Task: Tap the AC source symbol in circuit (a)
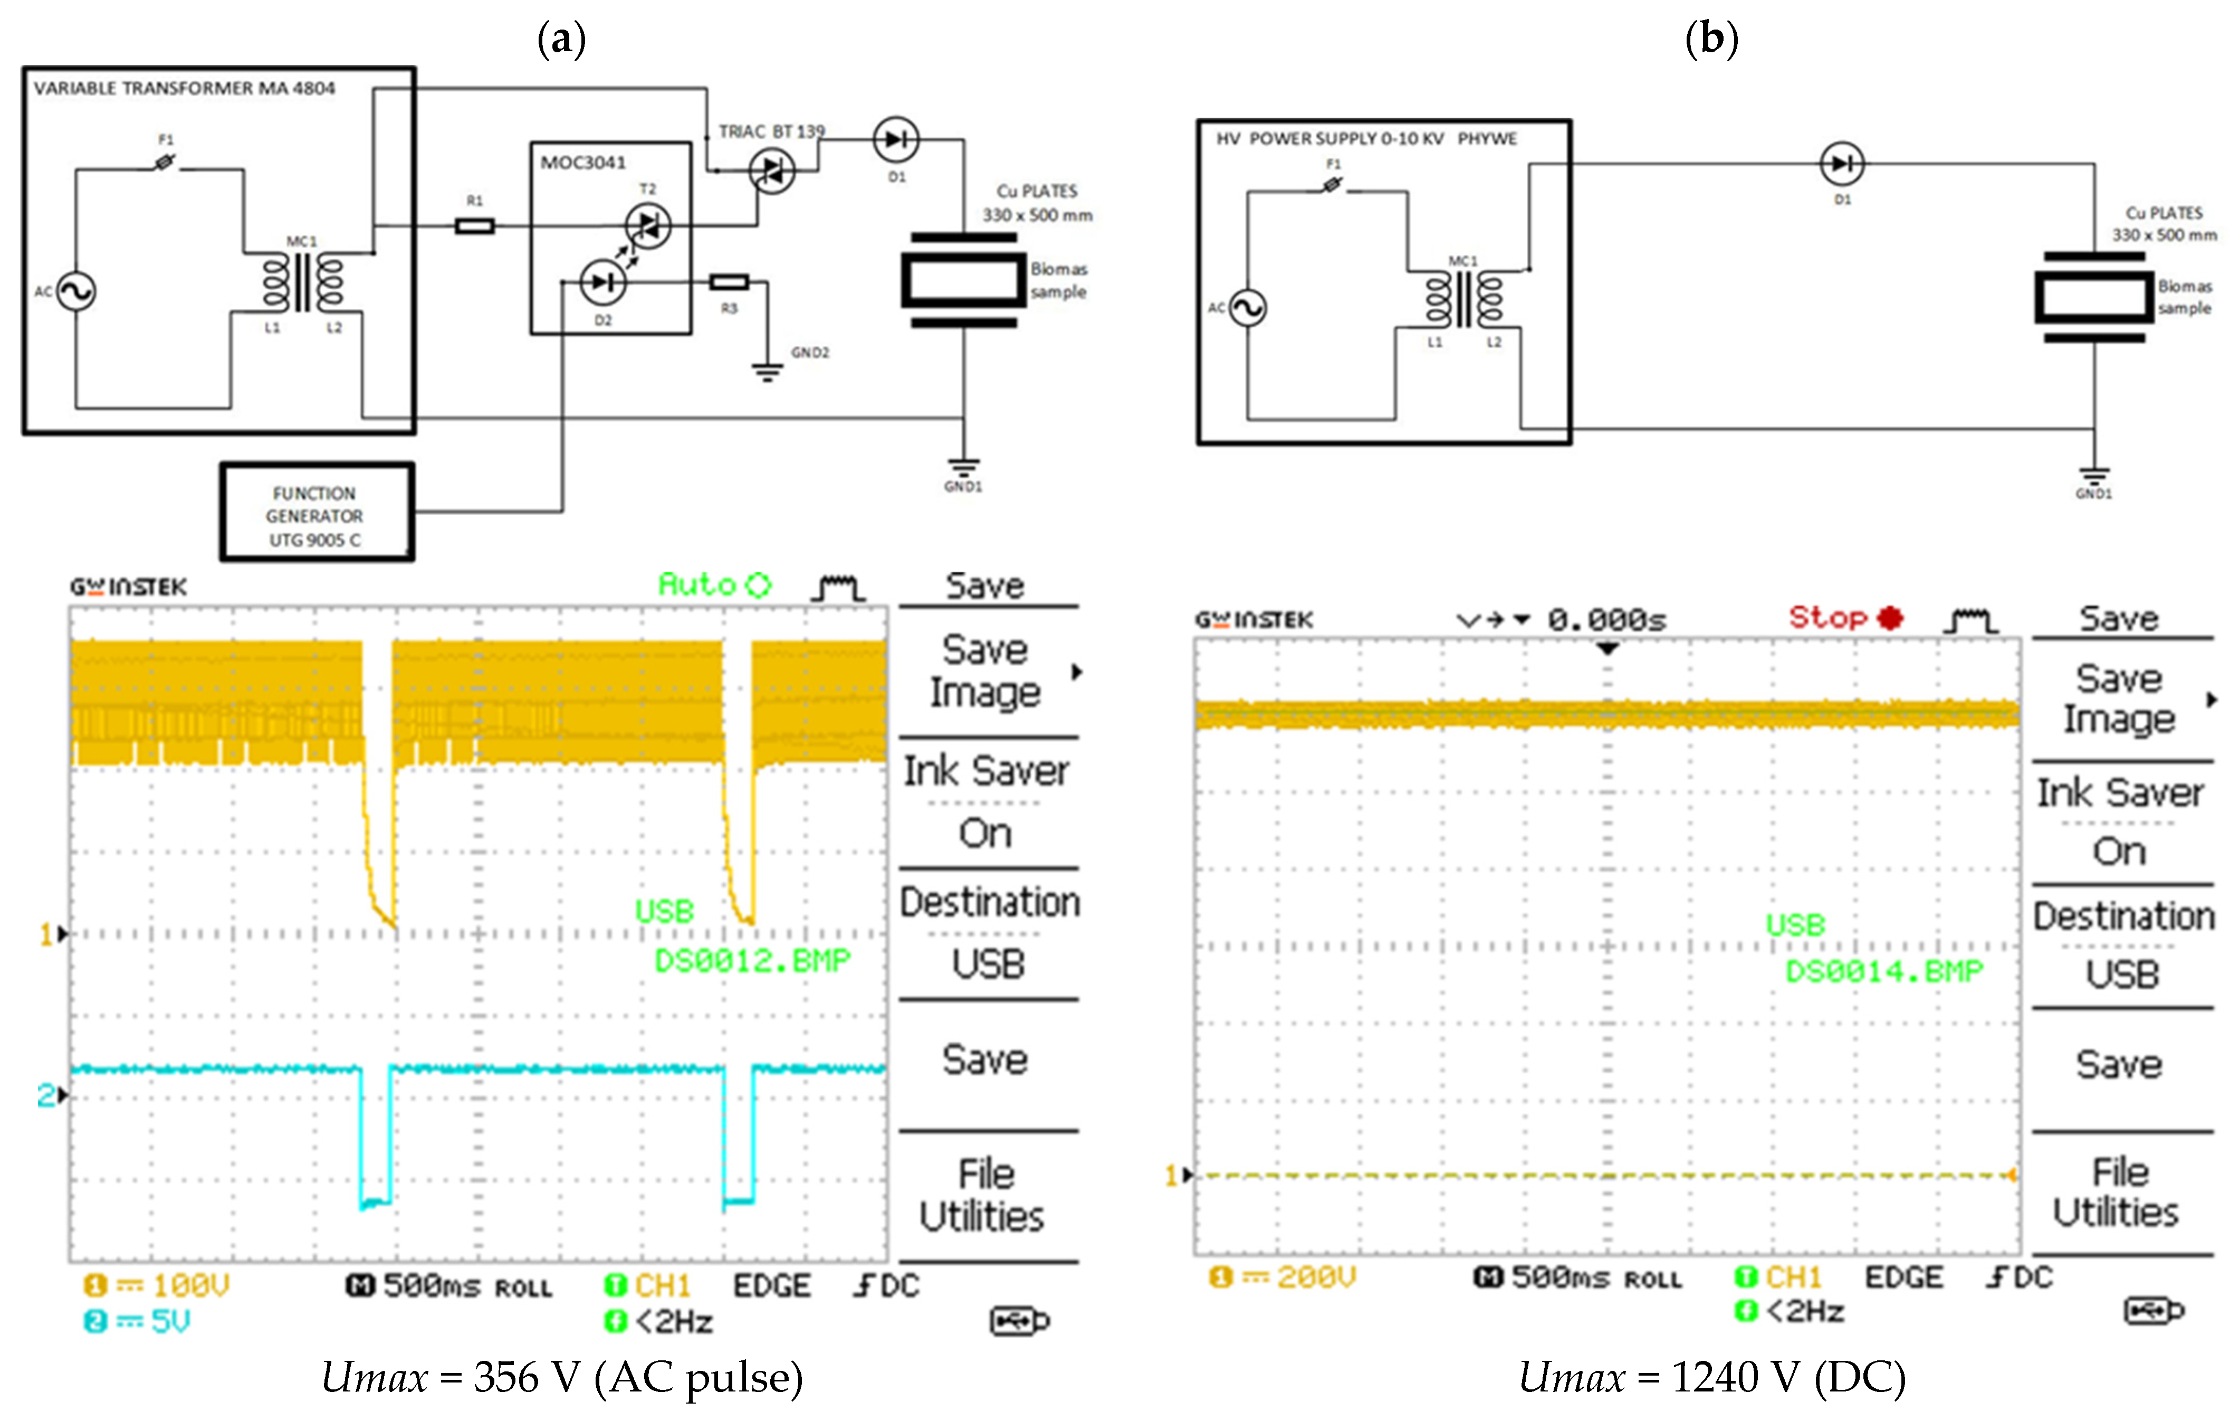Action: (76, 291)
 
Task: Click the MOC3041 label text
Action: (583, 163)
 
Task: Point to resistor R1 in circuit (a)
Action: (474, 226)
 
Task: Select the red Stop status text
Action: (1828, 617)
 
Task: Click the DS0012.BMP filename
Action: (752, 960)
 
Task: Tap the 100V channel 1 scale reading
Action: (190, 1285)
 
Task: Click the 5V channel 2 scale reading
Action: (170, 1321)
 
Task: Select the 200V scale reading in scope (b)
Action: (1316, 1277)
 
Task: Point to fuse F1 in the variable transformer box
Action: (165, 163)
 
